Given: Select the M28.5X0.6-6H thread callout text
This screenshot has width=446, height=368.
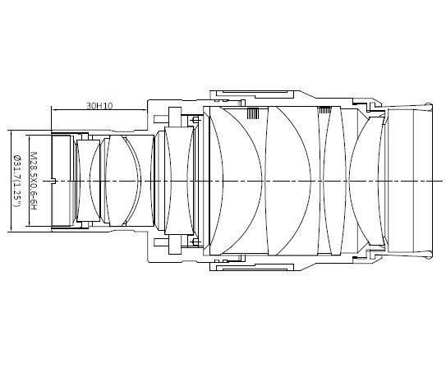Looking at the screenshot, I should (34, 179).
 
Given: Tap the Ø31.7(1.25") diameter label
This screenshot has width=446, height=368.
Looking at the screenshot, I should (16, 179).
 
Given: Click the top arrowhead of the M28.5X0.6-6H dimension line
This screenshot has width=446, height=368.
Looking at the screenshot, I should (26, 135).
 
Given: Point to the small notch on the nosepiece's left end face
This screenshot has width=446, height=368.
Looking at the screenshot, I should (53, 180).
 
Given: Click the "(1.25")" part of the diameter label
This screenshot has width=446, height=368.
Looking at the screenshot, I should (16, 198).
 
